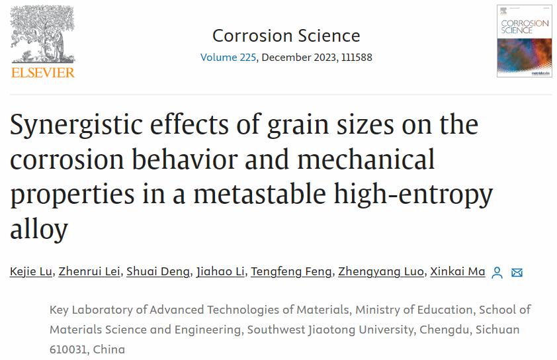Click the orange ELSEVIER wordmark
pyautogui.click(x=43, y=72)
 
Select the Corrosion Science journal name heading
pyautogui.click(x=286, y=36)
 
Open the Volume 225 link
pyautogui.click(x=228, y=58)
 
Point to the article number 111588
pyautogui.click(x=356, y=58)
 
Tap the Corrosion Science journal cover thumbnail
pyautogui.click(x=524, y=40)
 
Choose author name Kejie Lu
pyautogui.click(x=30, y=272)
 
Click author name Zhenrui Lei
pyautogui.click(x=89, y=272)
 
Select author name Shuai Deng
pyautogui.click(x=157, y=272)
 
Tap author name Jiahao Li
pyautogui.click(x=220, y=272)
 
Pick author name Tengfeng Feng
pyautogui.click(x=290, y=272)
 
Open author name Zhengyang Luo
pyautogui.click(x=380, y=272)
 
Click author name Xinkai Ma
pyautogui.click(x=457, y=272)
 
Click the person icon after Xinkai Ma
pyautogui.click(x=498, y=272)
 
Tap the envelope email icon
pyautogui.click(x=517, y=272)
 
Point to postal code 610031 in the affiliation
pyautogui.click(x=68, y=349)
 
